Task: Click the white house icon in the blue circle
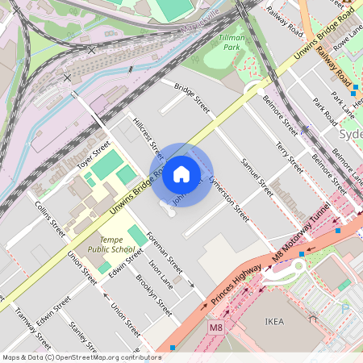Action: click(181, 174)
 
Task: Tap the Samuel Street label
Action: click(257, 177)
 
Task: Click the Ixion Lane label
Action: click(160, 273)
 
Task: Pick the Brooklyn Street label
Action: click(153, 296)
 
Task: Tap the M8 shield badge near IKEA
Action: click(215, 328)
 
